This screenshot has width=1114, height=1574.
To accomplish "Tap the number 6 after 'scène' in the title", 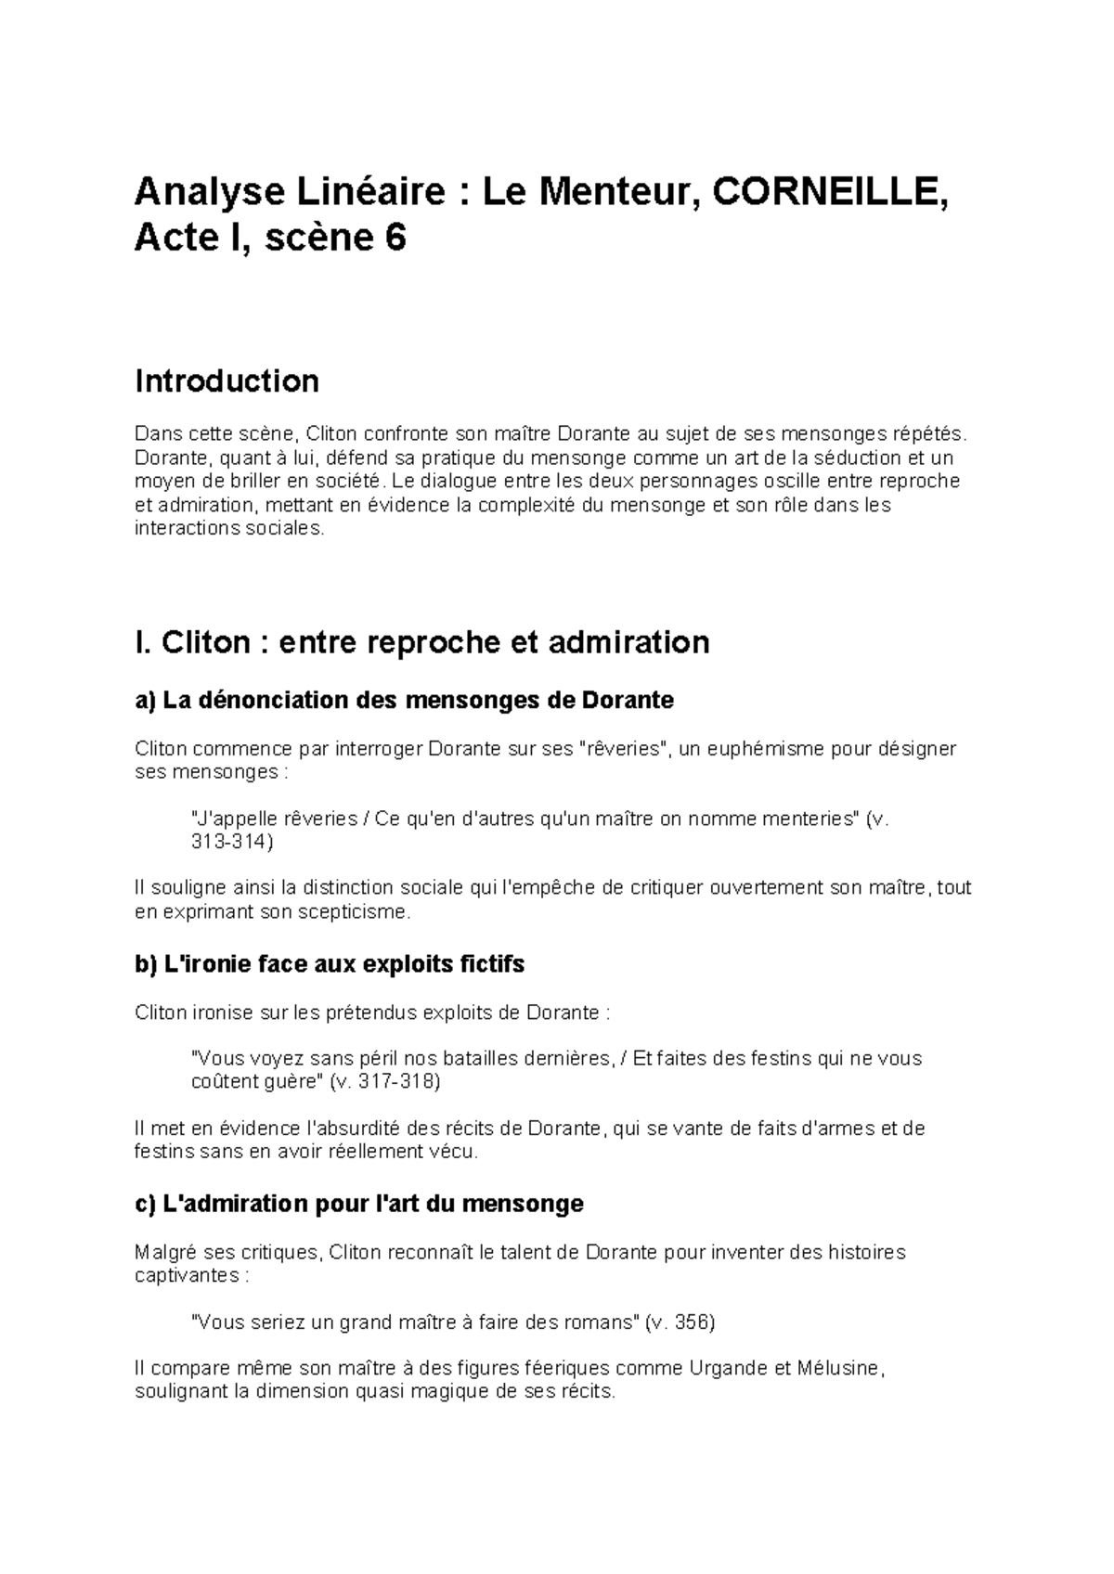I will point(395,239).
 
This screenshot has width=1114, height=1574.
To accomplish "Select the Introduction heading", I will point(227,381).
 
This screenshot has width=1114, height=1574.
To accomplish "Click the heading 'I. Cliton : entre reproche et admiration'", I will point(421,641).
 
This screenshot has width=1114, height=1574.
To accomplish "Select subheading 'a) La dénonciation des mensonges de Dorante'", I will point(404,700).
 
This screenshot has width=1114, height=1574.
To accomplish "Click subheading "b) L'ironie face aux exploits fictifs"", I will point(330,964).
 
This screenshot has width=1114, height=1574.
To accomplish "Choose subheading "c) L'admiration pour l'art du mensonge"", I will point(358,1204).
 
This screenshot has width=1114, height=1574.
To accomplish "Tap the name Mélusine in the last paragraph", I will point(835,1368).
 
